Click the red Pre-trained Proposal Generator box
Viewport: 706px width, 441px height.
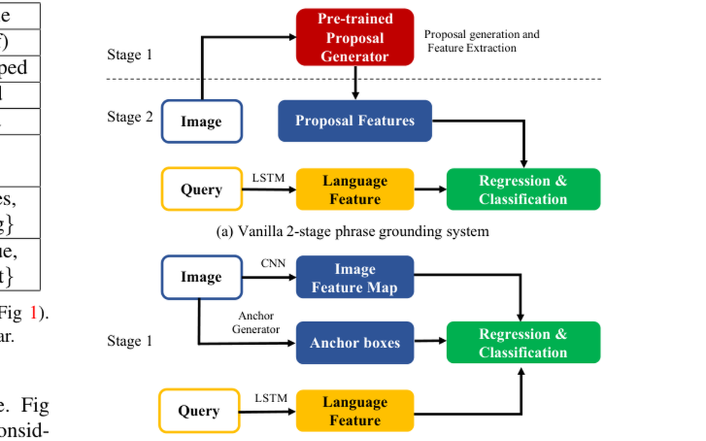(355, 37)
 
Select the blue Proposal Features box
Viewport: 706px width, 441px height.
(355, 121)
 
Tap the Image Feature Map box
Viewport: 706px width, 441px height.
(355, 278)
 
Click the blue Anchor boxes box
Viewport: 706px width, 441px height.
(355, 343)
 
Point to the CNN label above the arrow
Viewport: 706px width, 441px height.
(273, 263)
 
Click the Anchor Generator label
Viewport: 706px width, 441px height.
(256, 323)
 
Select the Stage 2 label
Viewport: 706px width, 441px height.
(129, 117)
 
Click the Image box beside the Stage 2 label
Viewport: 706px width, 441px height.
(202, 122)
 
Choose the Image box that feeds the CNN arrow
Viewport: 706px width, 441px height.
(202, 277)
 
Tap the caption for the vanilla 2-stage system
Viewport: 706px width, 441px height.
(352, 232)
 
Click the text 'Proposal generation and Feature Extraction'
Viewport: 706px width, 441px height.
(481, 41)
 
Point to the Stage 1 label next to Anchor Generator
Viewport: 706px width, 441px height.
(129, 341)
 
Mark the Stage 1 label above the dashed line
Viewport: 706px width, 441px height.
(129, 55)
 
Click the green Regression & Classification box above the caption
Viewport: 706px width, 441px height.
(523, 189)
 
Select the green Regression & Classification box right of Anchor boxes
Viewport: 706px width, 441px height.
(523, 343)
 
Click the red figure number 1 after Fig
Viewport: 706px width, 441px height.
(34, 313)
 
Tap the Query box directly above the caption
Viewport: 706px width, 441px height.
(201, 190)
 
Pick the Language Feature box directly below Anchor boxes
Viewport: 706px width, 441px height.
(355, 411)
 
